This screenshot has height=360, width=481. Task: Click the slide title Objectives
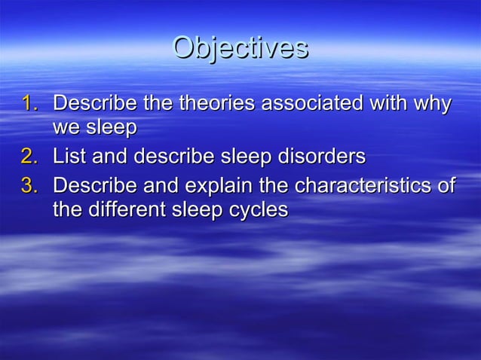[240, 47]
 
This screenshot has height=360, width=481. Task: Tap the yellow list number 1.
[29, 102]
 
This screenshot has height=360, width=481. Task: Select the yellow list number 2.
[29, 157]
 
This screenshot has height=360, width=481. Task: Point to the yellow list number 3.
[29, 185]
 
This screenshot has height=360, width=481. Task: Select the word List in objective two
[69, 157]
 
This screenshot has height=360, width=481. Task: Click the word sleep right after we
[110, 129]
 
